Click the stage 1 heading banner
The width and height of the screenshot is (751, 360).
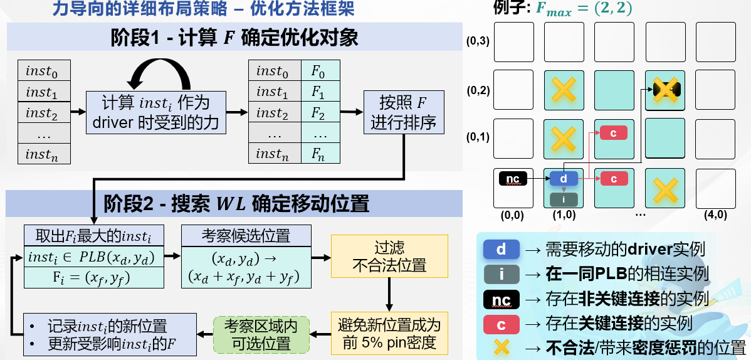(234, 37)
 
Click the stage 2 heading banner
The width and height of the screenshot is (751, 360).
(234, 204)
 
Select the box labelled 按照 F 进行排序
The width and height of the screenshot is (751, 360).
(404, 112)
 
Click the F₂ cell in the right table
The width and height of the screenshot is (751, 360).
(320, 113)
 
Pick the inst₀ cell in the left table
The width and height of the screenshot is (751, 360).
(44, 70)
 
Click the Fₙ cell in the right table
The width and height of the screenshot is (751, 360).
(320, 154)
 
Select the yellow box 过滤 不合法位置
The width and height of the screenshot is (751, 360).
(389, 256)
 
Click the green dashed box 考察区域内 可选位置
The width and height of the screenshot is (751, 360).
(261, 334)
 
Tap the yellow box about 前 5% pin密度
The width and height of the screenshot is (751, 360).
(389, 334)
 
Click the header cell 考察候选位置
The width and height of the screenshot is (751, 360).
(246, 236)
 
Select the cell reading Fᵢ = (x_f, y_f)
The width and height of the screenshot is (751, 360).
(95, 277)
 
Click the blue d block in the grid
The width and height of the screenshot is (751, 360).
(564, 179)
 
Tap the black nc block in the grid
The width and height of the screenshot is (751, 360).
(513, 179)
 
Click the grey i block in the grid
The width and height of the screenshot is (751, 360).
(564, 199)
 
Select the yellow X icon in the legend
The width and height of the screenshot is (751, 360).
(501, 347)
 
